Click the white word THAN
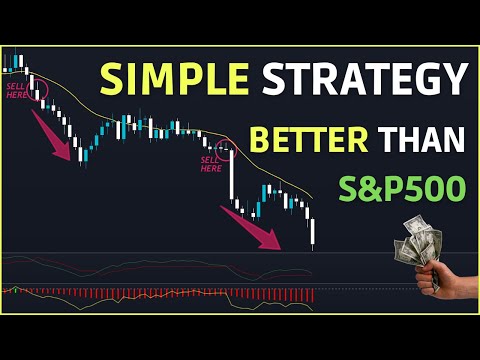point(420,138)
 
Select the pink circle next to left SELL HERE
point(40,90)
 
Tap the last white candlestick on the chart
point(313,232)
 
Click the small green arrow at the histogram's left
point(14,290)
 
